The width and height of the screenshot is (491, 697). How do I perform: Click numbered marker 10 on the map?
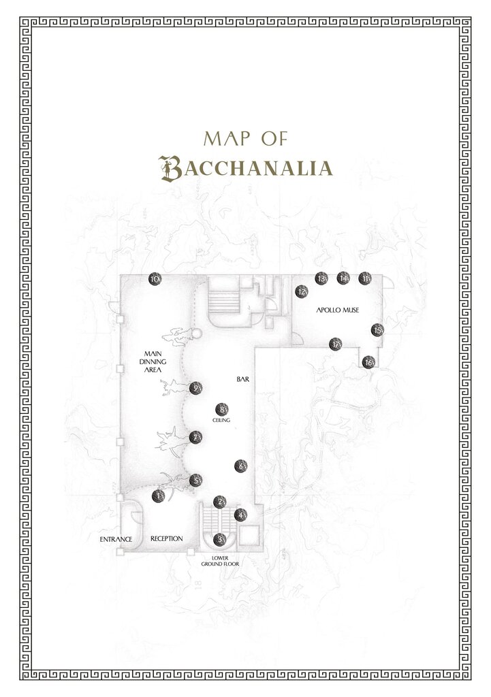pos(155,279)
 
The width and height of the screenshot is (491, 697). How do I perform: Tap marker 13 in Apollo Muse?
pos(321,278)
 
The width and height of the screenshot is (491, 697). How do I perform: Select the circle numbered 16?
pos(369,362)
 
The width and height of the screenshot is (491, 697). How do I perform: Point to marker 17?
pos(335,344)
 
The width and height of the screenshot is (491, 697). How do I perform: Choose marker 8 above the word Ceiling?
pos(221,410)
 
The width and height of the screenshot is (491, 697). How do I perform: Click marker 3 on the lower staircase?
pos(219,539)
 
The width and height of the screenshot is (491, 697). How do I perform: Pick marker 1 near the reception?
pos(158,496)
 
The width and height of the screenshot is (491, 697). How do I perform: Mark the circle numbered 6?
pos(240,466)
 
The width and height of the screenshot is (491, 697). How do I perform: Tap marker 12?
pos(302,291)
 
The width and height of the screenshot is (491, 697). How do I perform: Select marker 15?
pos(377,330)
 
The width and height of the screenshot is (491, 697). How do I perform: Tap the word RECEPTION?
pos(167,538)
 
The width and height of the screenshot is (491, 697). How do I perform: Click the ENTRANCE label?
pos(116,539)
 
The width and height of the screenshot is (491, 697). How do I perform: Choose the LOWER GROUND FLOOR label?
pos(219,561)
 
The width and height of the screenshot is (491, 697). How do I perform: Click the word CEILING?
pos(221,421)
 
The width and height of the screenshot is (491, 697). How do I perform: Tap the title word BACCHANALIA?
pos(245,167)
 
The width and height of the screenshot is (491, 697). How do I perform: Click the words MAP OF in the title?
pos(245,139)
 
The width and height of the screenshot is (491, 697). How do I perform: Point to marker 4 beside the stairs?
pos(240,515)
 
